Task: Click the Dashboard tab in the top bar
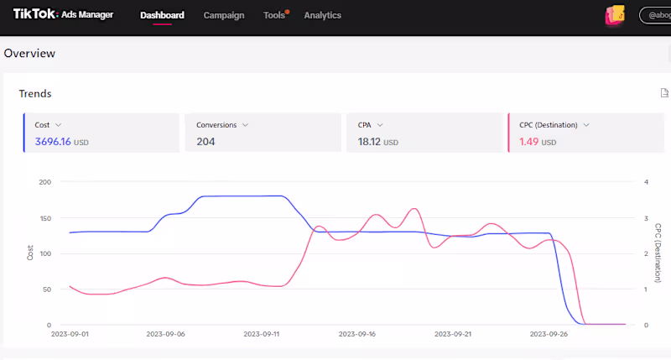tap(162, 15)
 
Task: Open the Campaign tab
tap(224, 15)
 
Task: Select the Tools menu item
tap(274, 15)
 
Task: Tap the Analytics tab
tap(323, 15)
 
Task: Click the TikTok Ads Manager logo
tap(64, 14)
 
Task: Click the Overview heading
tap(29, 53)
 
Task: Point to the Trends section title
tap(35, 93)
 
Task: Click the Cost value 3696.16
tap(53, 142)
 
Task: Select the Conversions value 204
tap(205, 142)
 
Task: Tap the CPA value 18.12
tap(369, 142)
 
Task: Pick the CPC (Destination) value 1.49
tap(529, 142)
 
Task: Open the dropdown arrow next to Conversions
tap(245, 125)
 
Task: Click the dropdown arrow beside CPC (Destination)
tap(586, 125)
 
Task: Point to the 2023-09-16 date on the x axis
tap(357, 334)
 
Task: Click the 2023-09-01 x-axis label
tap(70, 334)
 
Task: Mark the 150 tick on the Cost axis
tap(45, 218)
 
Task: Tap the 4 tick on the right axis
tap(646, 182)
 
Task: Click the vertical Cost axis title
tap(30, 253)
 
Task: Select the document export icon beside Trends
tap(664, 93)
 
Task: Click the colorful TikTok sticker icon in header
tap(615, 16)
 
